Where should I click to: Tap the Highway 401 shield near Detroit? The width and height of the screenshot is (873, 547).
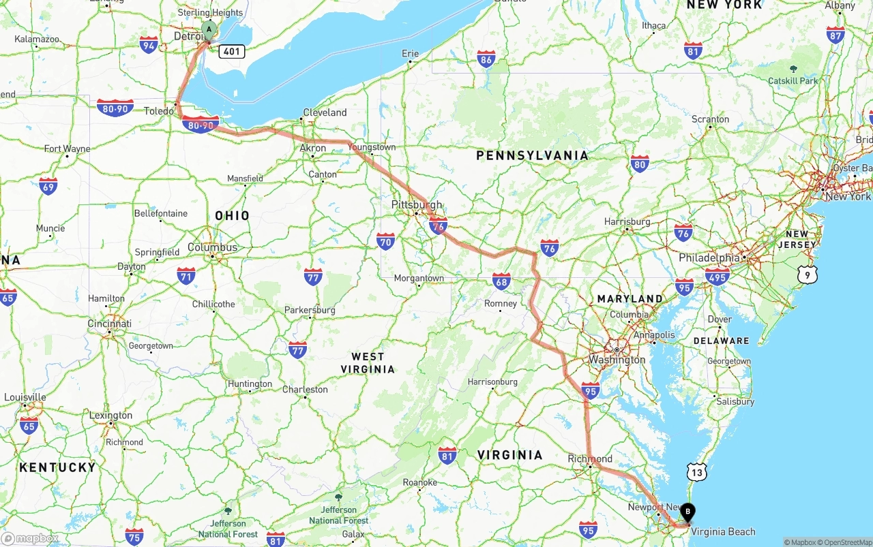click(232, 51)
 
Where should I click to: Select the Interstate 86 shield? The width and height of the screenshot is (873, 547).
click(486, 59)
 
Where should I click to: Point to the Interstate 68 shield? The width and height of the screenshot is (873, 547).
click(502, 280)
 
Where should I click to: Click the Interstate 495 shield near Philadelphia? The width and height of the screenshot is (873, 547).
click(717, 275)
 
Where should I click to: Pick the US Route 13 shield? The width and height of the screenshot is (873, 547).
click(696, 472)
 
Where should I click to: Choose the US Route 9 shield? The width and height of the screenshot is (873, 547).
click(808, 275)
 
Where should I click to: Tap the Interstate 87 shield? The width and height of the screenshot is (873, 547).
click(835, 35)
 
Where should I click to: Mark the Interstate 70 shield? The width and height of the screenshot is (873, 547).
click(385, 240)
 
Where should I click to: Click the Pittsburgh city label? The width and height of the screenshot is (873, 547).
click(417, 204)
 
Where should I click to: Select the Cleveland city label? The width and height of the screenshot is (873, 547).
click(325, 112)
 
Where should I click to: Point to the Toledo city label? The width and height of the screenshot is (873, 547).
click(158, 111)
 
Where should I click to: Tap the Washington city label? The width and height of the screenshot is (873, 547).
click(617, 360)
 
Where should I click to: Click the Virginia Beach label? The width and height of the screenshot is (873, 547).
click(723, 531)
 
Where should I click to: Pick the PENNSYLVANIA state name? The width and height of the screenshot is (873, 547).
click(532, 156)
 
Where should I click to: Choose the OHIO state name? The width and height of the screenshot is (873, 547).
click(233, 215)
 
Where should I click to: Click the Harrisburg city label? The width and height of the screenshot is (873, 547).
click(627, 221)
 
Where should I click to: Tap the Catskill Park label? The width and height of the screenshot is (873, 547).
click(793, 80)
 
